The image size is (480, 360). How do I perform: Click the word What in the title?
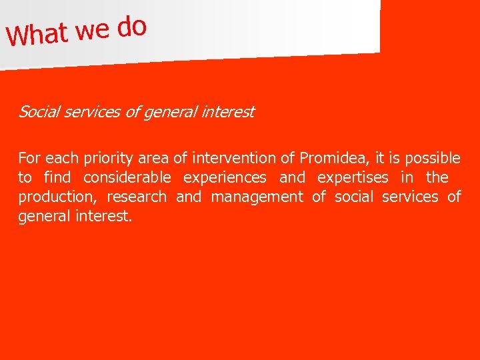point(38,33)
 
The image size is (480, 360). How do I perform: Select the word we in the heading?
point(93,29)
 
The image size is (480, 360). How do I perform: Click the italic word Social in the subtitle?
point(37,112)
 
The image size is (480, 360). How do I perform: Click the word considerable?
point(127,178)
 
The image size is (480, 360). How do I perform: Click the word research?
point(137,197)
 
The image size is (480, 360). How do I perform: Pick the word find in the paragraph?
point(57,178)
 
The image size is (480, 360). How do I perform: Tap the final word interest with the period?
point(105,217)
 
